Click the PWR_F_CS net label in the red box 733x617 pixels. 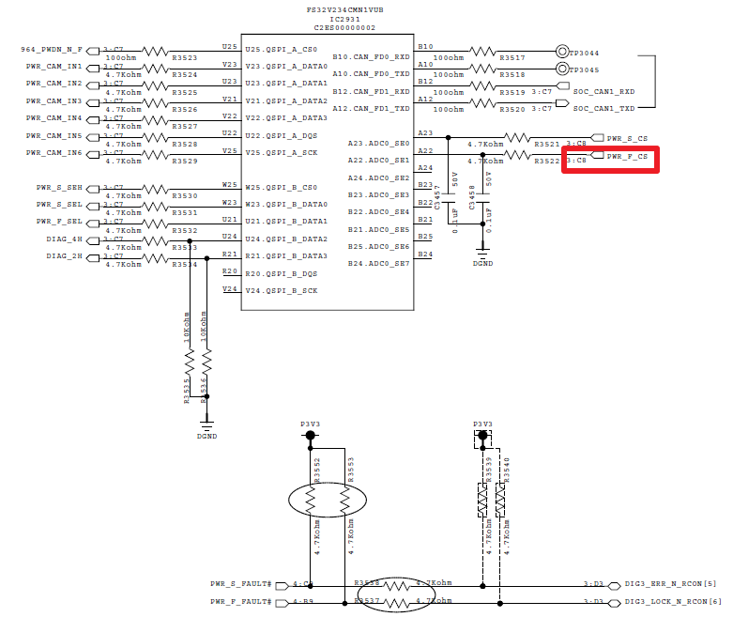(x=627, y=157)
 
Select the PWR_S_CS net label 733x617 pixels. (x=627, y=138)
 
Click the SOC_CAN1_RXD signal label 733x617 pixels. (x=603, y=92)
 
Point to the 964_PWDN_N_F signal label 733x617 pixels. (x=53, y=49)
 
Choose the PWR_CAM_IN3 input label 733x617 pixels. (x=54, y=101)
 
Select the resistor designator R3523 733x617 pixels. (x=185, y=58)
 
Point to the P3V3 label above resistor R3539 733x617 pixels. (x=482, y=424)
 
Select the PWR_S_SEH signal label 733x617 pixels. (x=59, y=187)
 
